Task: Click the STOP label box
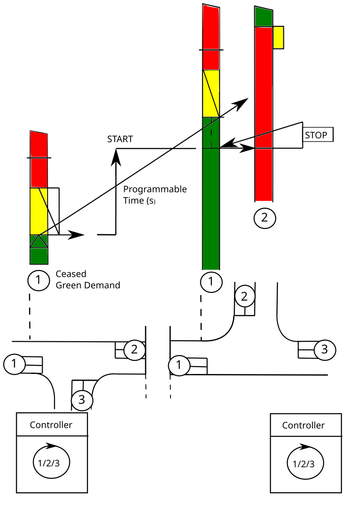point(318,135)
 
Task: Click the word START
point(120,139)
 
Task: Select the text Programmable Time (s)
point(155,195)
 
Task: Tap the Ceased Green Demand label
point(88,280)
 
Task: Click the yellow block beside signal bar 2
point(278,38)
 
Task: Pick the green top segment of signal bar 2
point(263,17)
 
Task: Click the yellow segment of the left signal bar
point(39,211)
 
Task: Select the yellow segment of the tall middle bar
point(211,93)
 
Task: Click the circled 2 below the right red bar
point(265,218)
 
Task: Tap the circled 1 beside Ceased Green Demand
point(39,280)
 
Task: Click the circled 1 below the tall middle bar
point(211,281)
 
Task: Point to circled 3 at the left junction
point(82,400)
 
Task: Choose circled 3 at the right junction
point(324,349)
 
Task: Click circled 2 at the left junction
point(134,349)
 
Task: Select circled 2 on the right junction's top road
point(244,296)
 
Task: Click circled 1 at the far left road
point(15,364)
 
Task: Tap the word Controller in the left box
point(51,425)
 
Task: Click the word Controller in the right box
point(303,425)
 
